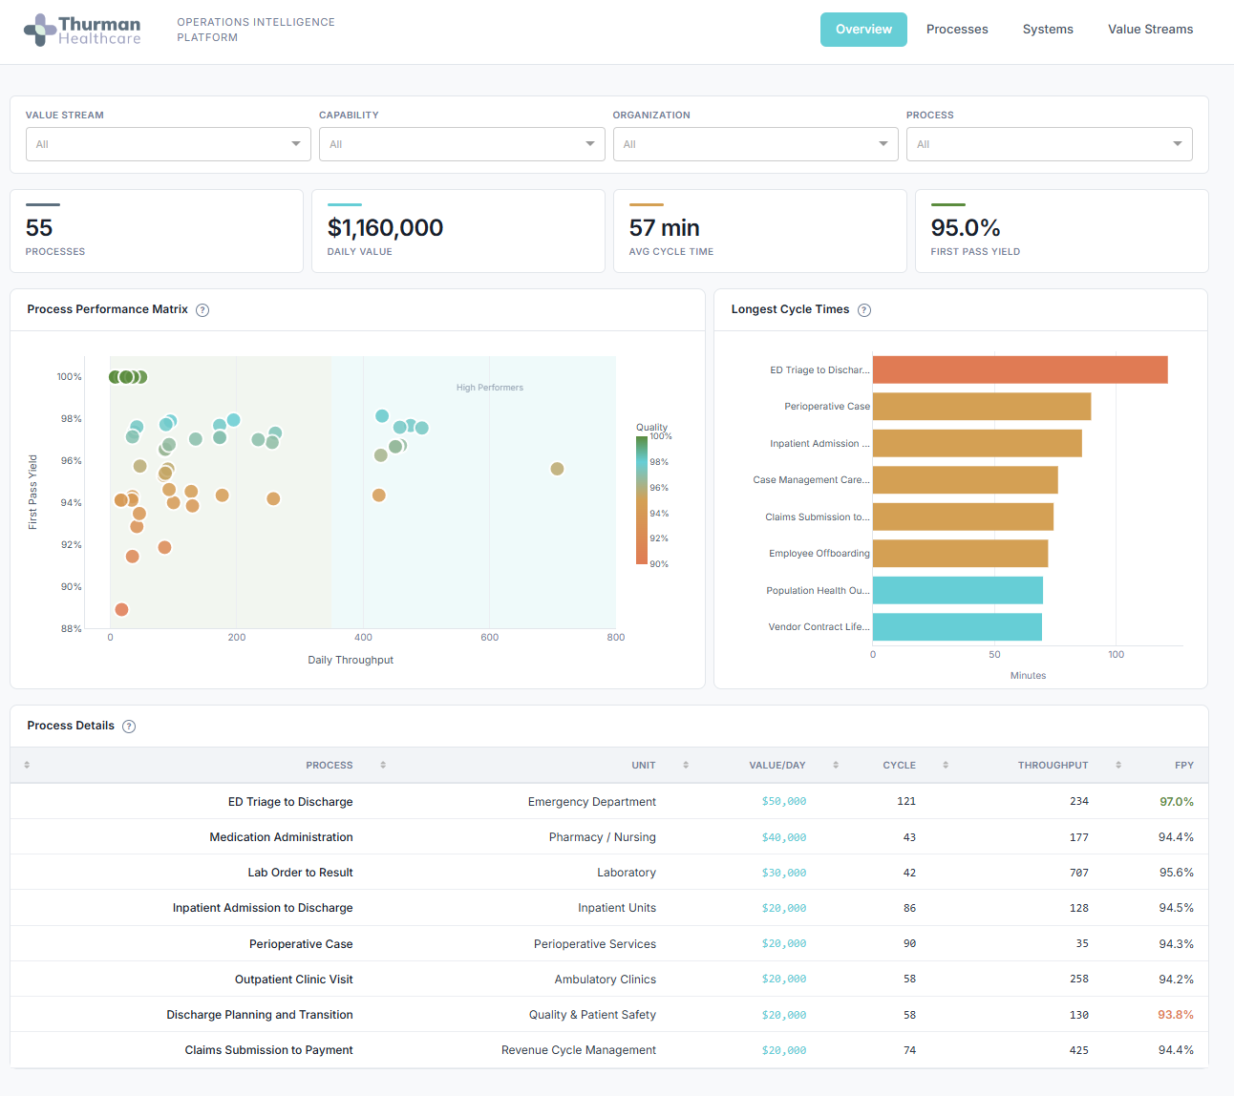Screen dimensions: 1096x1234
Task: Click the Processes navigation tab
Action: point(957,30)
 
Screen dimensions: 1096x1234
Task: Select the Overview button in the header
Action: point(863,30)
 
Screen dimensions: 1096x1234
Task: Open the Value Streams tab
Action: point(1150,30)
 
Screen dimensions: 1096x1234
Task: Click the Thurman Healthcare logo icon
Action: point(40,30)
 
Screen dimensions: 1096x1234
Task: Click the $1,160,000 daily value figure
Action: point(385,228)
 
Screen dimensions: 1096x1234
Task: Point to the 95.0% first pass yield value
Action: point(966,228)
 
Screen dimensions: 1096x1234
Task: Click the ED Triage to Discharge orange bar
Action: point(1019,369)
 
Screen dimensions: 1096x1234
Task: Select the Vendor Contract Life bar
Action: point(956,627)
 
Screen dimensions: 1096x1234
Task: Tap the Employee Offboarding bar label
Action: point(819,554)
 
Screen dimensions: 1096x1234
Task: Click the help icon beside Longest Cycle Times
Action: point(864,310)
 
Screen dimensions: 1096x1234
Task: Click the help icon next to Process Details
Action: point(129,727)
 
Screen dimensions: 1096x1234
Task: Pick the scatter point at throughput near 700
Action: point(557,469)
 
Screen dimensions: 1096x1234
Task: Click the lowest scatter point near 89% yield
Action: point(121,609)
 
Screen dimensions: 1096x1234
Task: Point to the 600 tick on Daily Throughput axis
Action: point(489,637)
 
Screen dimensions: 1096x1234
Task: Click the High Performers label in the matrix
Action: point(489,388)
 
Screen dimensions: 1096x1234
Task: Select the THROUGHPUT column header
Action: point(1053,766)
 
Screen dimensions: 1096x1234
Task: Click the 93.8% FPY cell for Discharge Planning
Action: point(1175,1015)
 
